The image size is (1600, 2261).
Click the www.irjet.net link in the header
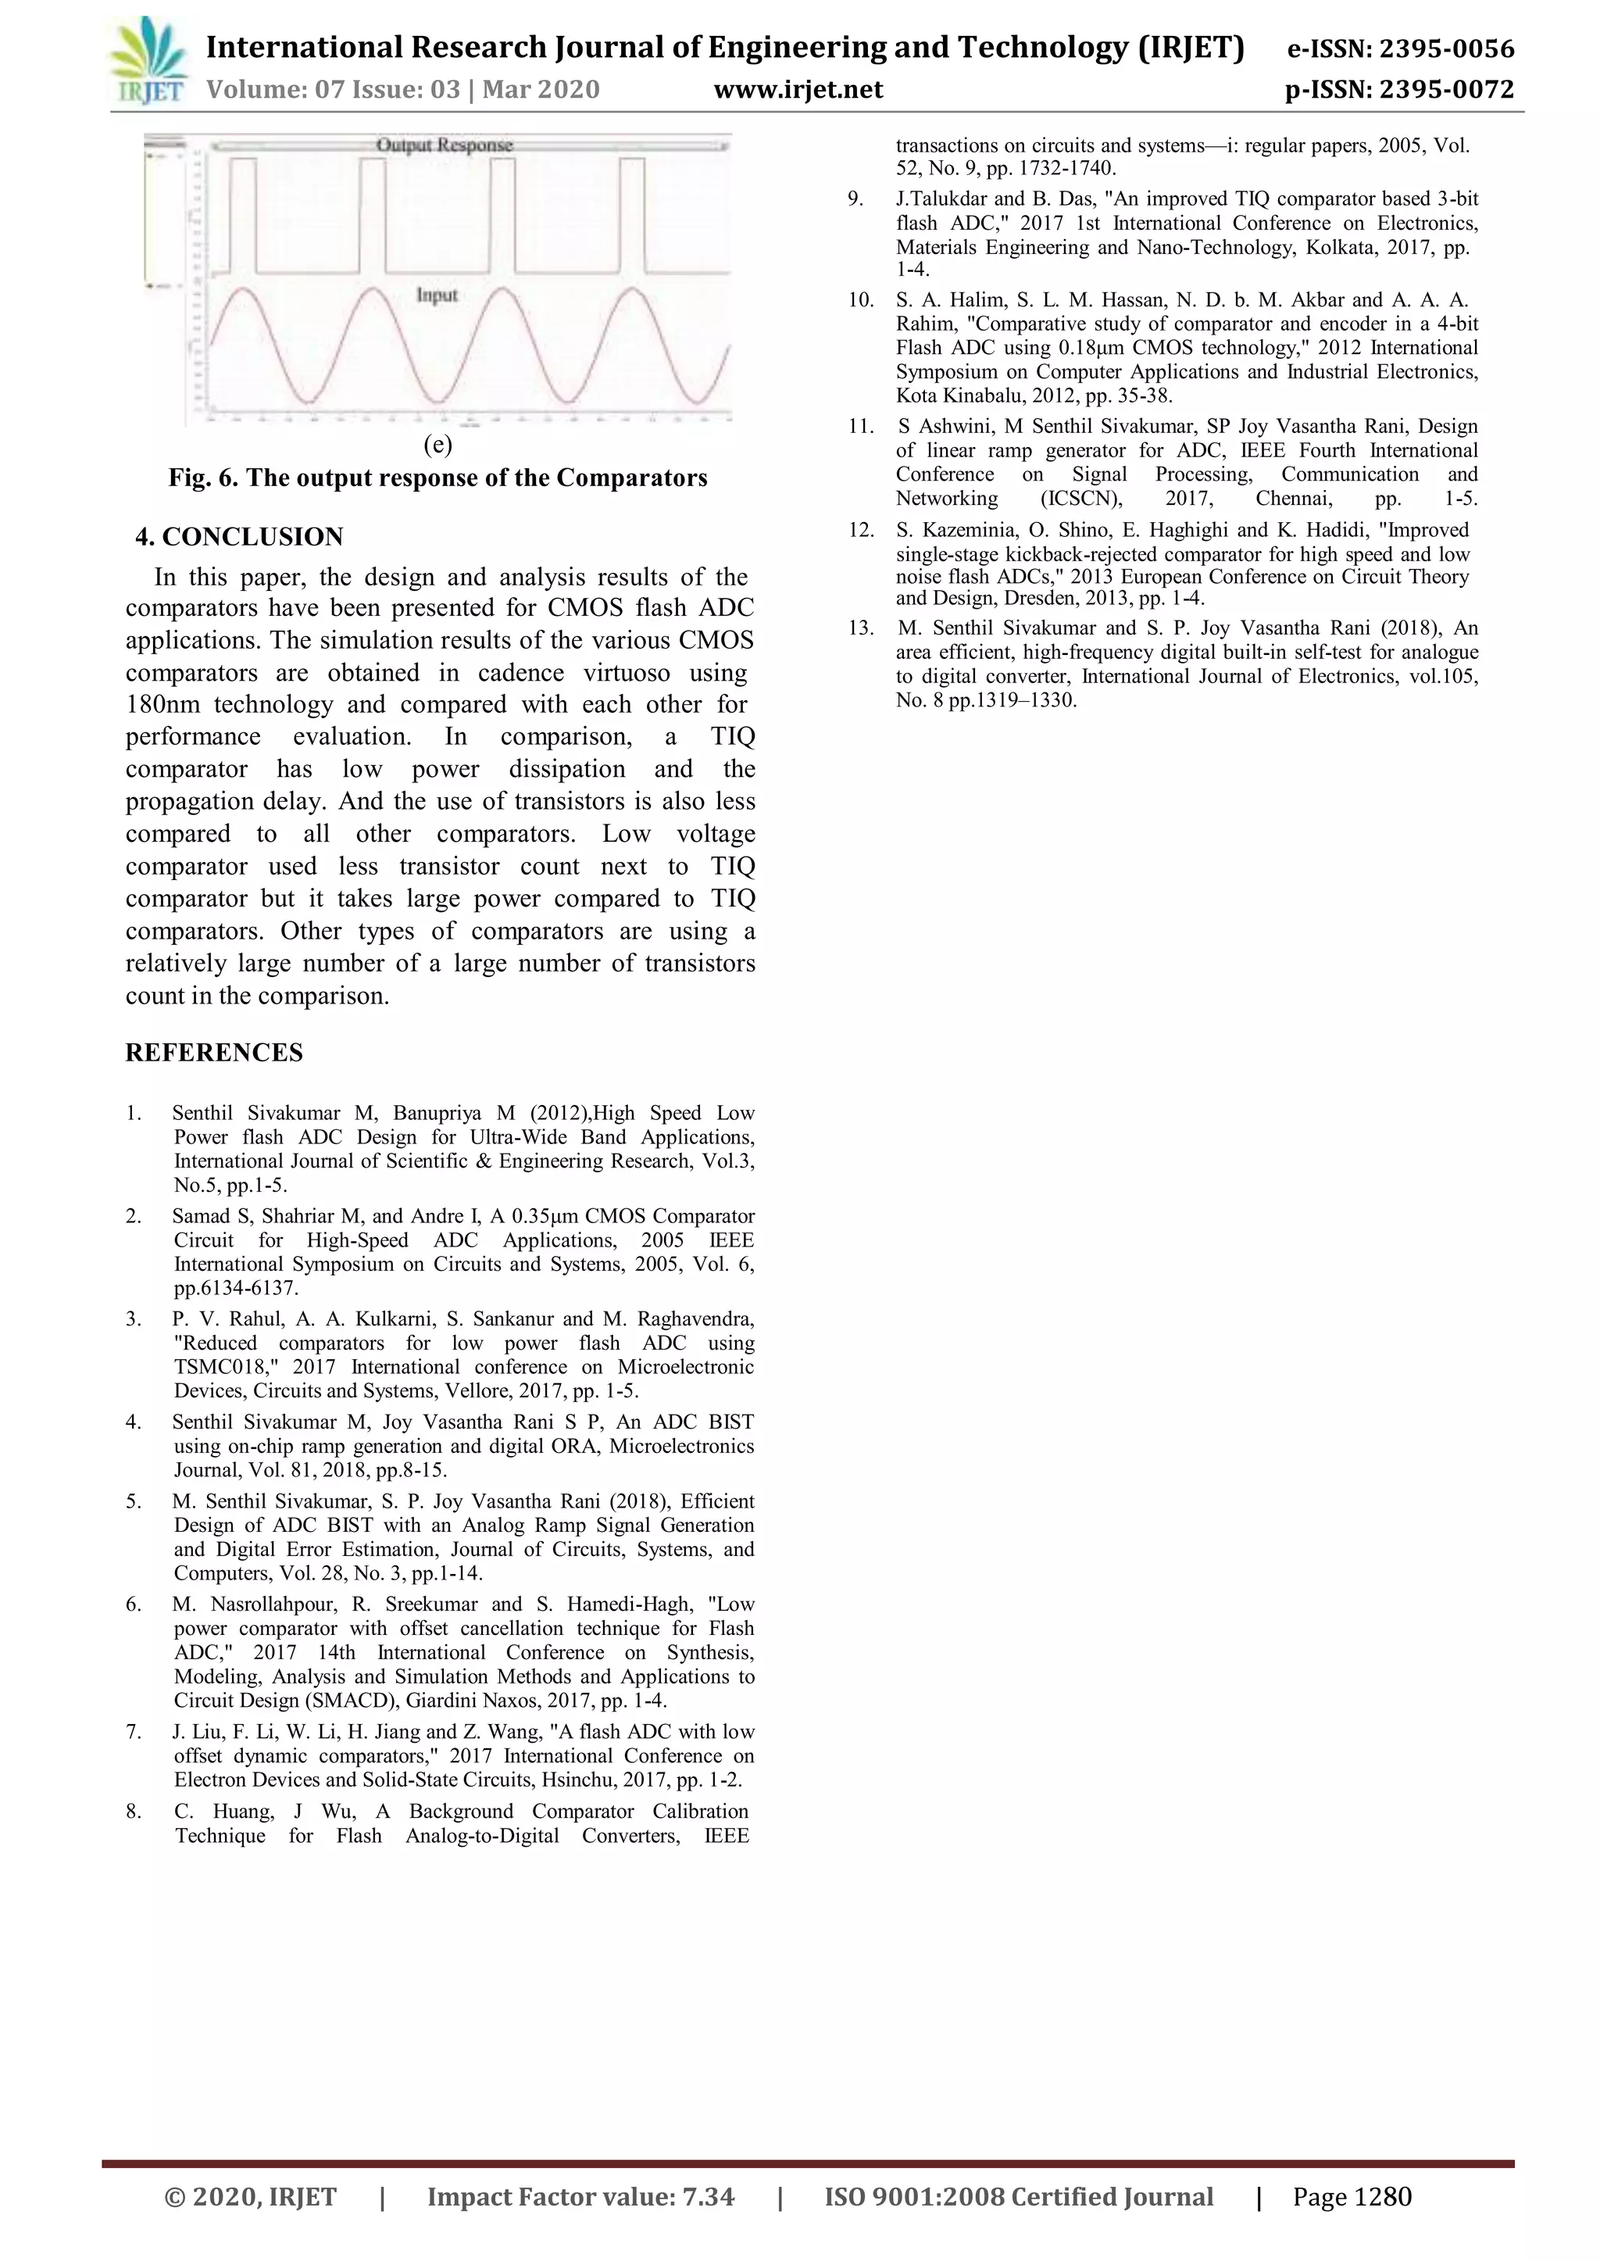tap(798, 91)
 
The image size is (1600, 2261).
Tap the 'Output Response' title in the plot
tap(445, 145)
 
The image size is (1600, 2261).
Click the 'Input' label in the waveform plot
tap(437, 295)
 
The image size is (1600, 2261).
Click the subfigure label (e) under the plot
tap(437, 445)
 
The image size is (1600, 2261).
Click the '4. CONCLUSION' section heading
tap(239, 537)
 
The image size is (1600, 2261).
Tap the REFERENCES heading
tap(214, 1053)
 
